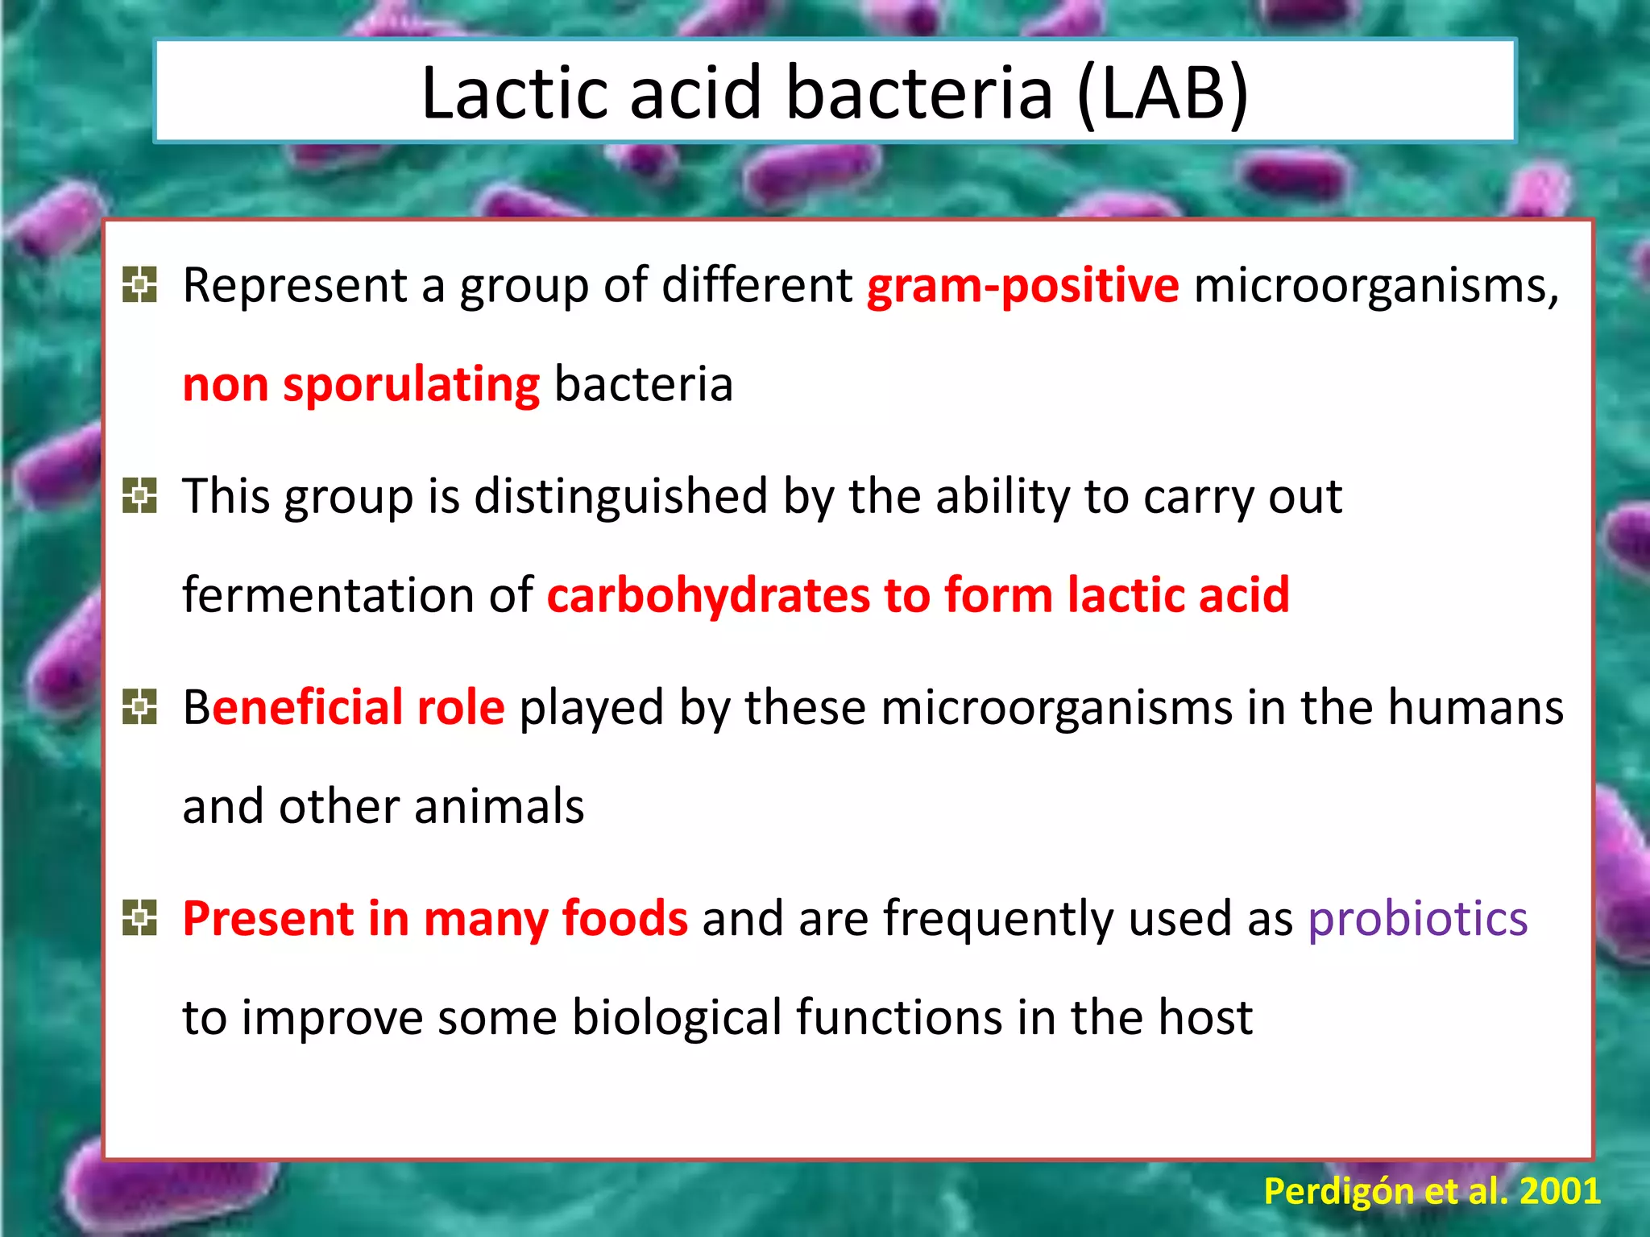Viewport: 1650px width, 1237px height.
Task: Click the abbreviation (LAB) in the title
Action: click(1163, 93)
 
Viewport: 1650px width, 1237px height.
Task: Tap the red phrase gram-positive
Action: click(1022, 286)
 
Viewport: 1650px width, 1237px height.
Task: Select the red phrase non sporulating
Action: click(361, 385)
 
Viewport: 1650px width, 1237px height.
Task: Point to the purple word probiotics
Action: click(1417, 919)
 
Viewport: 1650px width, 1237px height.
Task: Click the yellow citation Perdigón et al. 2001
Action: click(1432, 1191)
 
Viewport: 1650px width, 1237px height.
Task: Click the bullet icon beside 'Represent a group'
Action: click(139, 284)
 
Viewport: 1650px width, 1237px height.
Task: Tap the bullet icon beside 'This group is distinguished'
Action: click(139, 495)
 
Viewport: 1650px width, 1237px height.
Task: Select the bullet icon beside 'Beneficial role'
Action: click(139, 707)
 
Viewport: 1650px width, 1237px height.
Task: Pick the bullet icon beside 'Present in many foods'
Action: click(139, 918)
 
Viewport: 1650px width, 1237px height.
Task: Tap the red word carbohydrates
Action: click(708, 596)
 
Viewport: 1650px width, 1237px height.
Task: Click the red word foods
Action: click(624, 919)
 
